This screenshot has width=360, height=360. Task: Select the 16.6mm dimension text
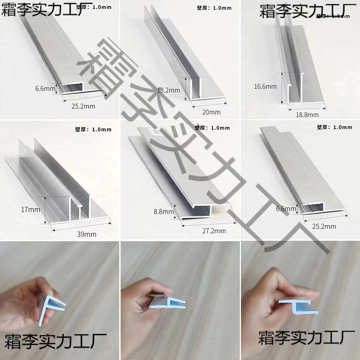[x=265, y=86]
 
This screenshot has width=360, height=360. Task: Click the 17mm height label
[x=30, y=210]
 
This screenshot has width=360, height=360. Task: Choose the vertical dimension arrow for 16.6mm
[x=282, y=86]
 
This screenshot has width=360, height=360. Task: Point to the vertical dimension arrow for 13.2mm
[x=184, y=88]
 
